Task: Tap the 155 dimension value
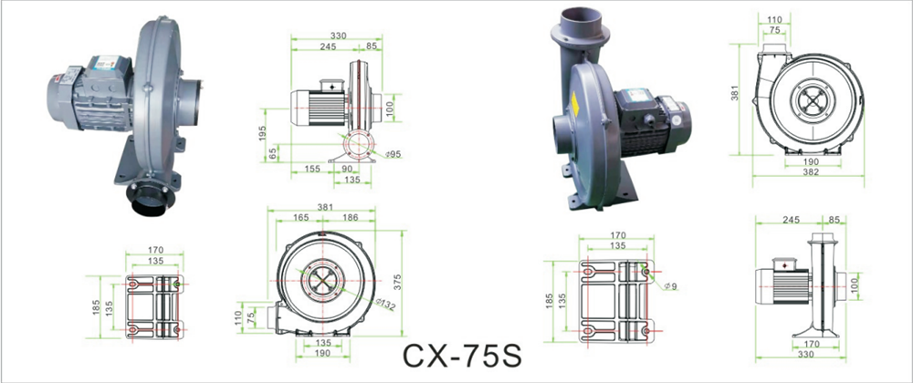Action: (311, 169)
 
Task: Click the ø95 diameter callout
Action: (394, 154)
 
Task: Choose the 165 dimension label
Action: (301, 217)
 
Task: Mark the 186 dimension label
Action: (352, 217)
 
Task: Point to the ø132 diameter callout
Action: (386, 304)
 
